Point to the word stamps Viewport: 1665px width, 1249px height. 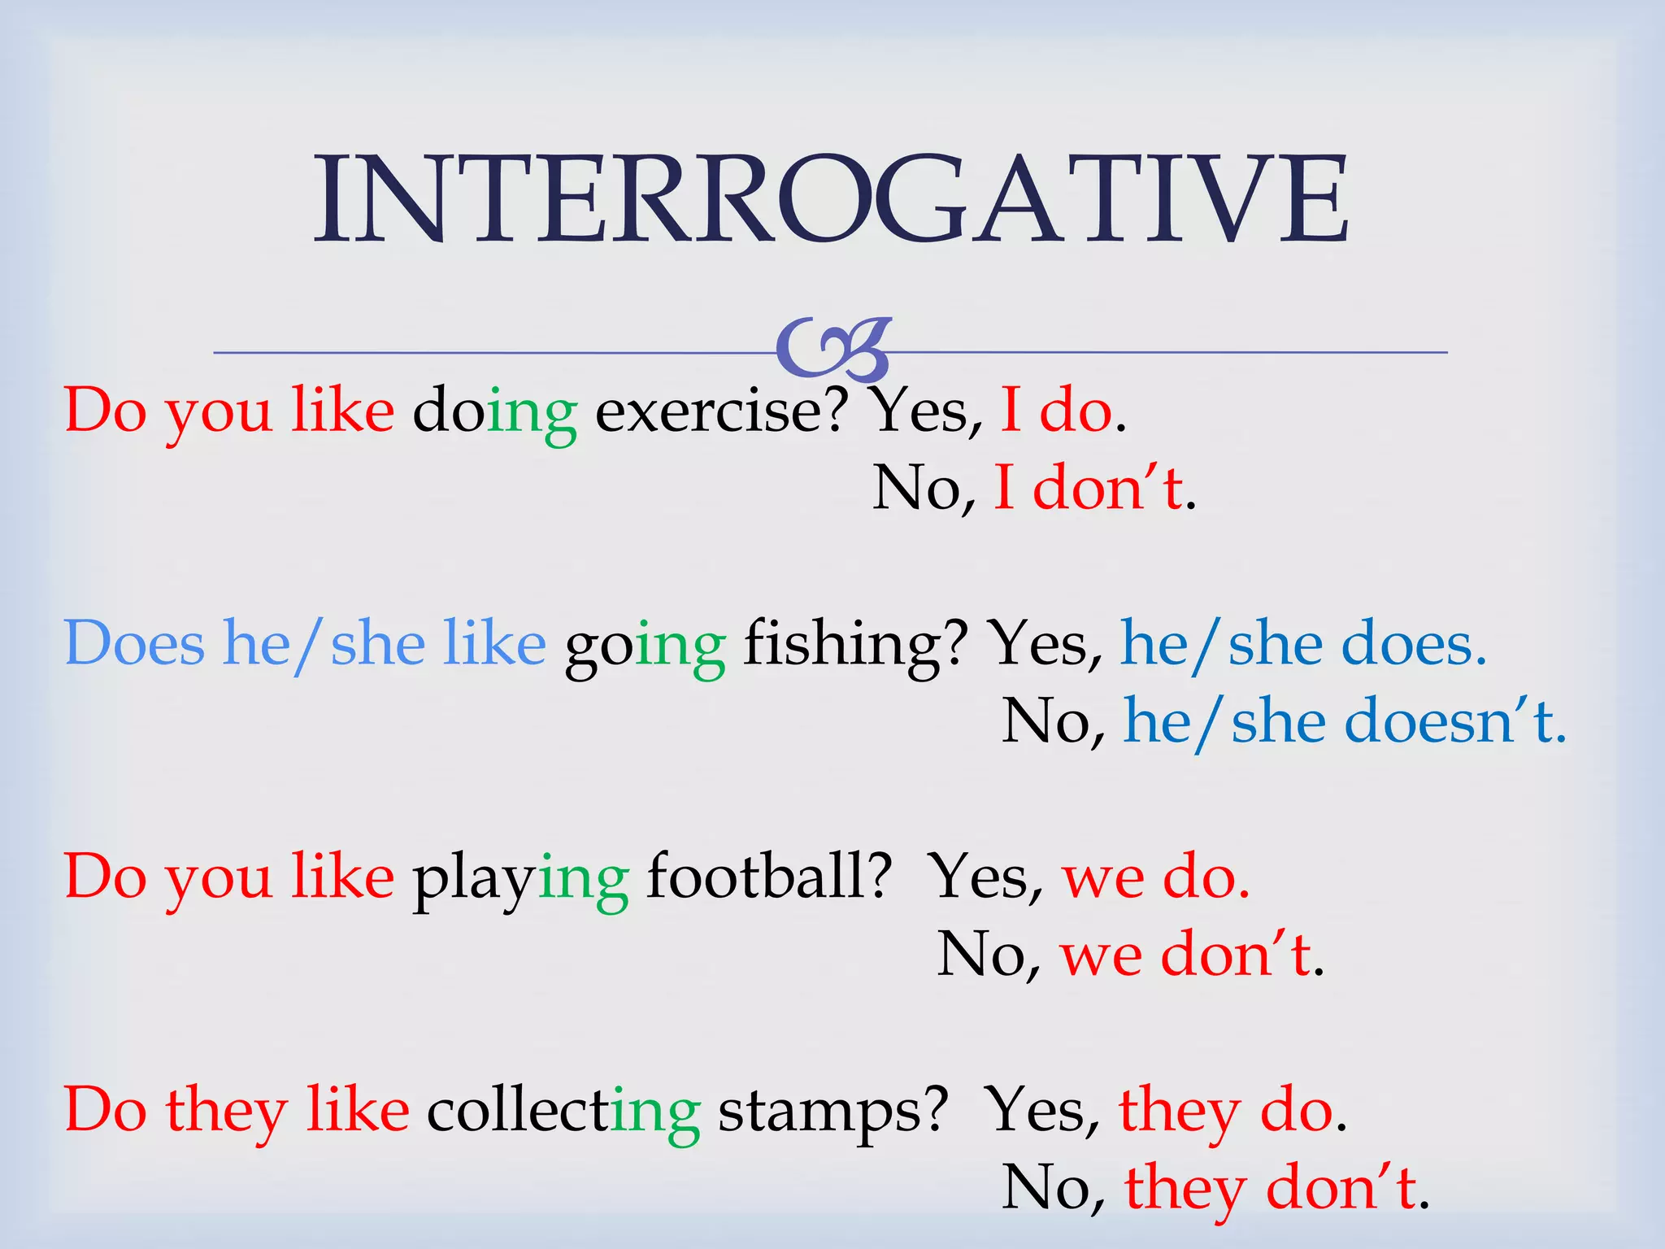tap(832, 1112)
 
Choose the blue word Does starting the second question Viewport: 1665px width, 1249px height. tap(134, 643)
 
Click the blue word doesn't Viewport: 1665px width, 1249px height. tap(1455, 721)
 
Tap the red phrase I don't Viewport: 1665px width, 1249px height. tap(1089, 488)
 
